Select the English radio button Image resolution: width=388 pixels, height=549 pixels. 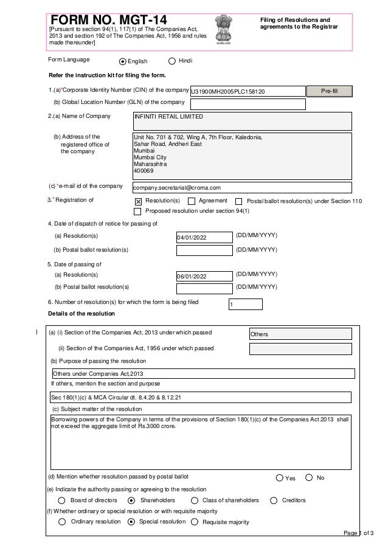click(x=123, y=61)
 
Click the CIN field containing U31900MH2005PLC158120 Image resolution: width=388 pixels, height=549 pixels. click(x=248, y=92)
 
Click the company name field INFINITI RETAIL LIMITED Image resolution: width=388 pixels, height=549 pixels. click(x=242, y=120)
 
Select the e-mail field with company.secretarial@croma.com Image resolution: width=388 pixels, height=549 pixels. click(x=242, y=188)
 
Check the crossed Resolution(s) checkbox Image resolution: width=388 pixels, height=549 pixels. click(x=138, y=201)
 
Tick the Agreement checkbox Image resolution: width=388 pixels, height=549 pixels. click(x=192, y=201)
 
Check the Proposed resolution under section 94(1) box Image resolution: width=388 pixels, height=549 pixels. click(x=138, y=212)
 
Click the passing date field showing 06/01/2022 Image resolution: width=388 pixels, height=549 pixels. click(x=204, y=277)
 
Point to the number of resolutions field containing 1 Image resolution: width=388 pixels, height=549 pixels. click(x=246, y=305)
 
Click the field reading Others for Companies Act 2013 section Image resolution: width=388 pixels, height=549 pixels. click(x=300, y=334)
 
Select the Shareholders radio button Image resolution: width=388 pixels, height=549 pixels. click(x=131, y=500)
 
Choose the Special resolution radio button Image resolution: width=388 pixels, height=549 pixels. click(x=131, y=522)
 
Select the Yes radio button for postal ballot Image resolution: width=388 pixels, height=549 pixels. click(x=280, y=478)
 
